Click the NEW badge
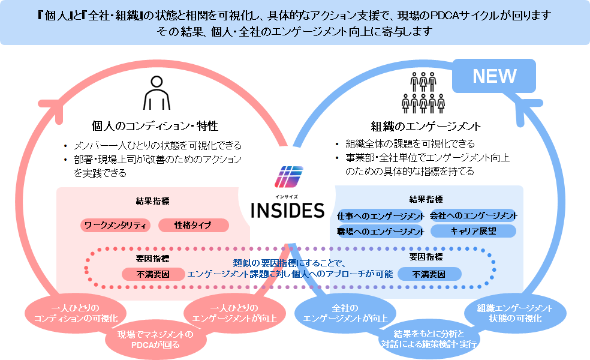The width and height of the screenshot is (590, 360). [x=493, y=76]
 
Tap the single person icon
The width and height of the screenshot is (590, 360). [x=156, y=92]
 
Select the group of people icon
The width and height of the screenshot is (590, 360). [x=423, y=92]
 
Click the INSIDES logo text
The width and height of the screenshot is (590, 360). [x=287, y=211]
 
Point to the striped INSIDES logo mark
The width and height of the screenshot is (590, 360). [x=288, y=177]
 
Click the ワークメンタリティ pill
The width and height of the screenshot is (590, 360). [x=115, y=225]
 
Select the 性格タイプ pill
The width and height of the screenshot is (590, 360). [x=194, y=225]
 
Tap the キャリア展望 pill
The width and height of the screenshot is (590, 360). [x=473, y=231]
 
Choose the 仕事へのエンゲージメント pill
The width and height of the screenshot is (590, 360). [x=380, y=216]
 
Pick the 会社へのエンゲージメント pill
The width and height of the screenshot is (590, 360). [x=473, y=215]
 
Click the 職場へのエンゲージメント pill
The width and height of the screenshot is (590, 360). [x=380, y=232]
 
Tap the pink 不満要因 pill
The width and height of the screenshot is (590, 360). [x=153, y=274]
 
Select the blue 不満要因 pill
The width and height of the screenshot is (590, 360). [x=429, y=274]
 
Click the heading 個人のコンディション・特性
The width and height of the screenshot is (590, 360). [x=155, y=126]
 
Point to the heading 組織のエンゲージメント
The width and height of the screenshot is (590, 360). [x=426, y=126]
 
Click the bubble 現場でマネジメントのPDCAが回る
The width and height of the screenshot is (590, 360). [x=155, y=340]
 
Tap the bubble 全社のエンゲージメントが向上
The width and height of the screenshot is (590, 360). [x=345, y=313]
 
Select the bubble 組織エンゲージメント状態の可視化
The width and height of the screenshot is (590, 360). [x=515, y=313]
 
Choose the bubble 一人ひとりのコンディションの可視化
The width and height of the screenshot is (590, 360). [x=76, y=313]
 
